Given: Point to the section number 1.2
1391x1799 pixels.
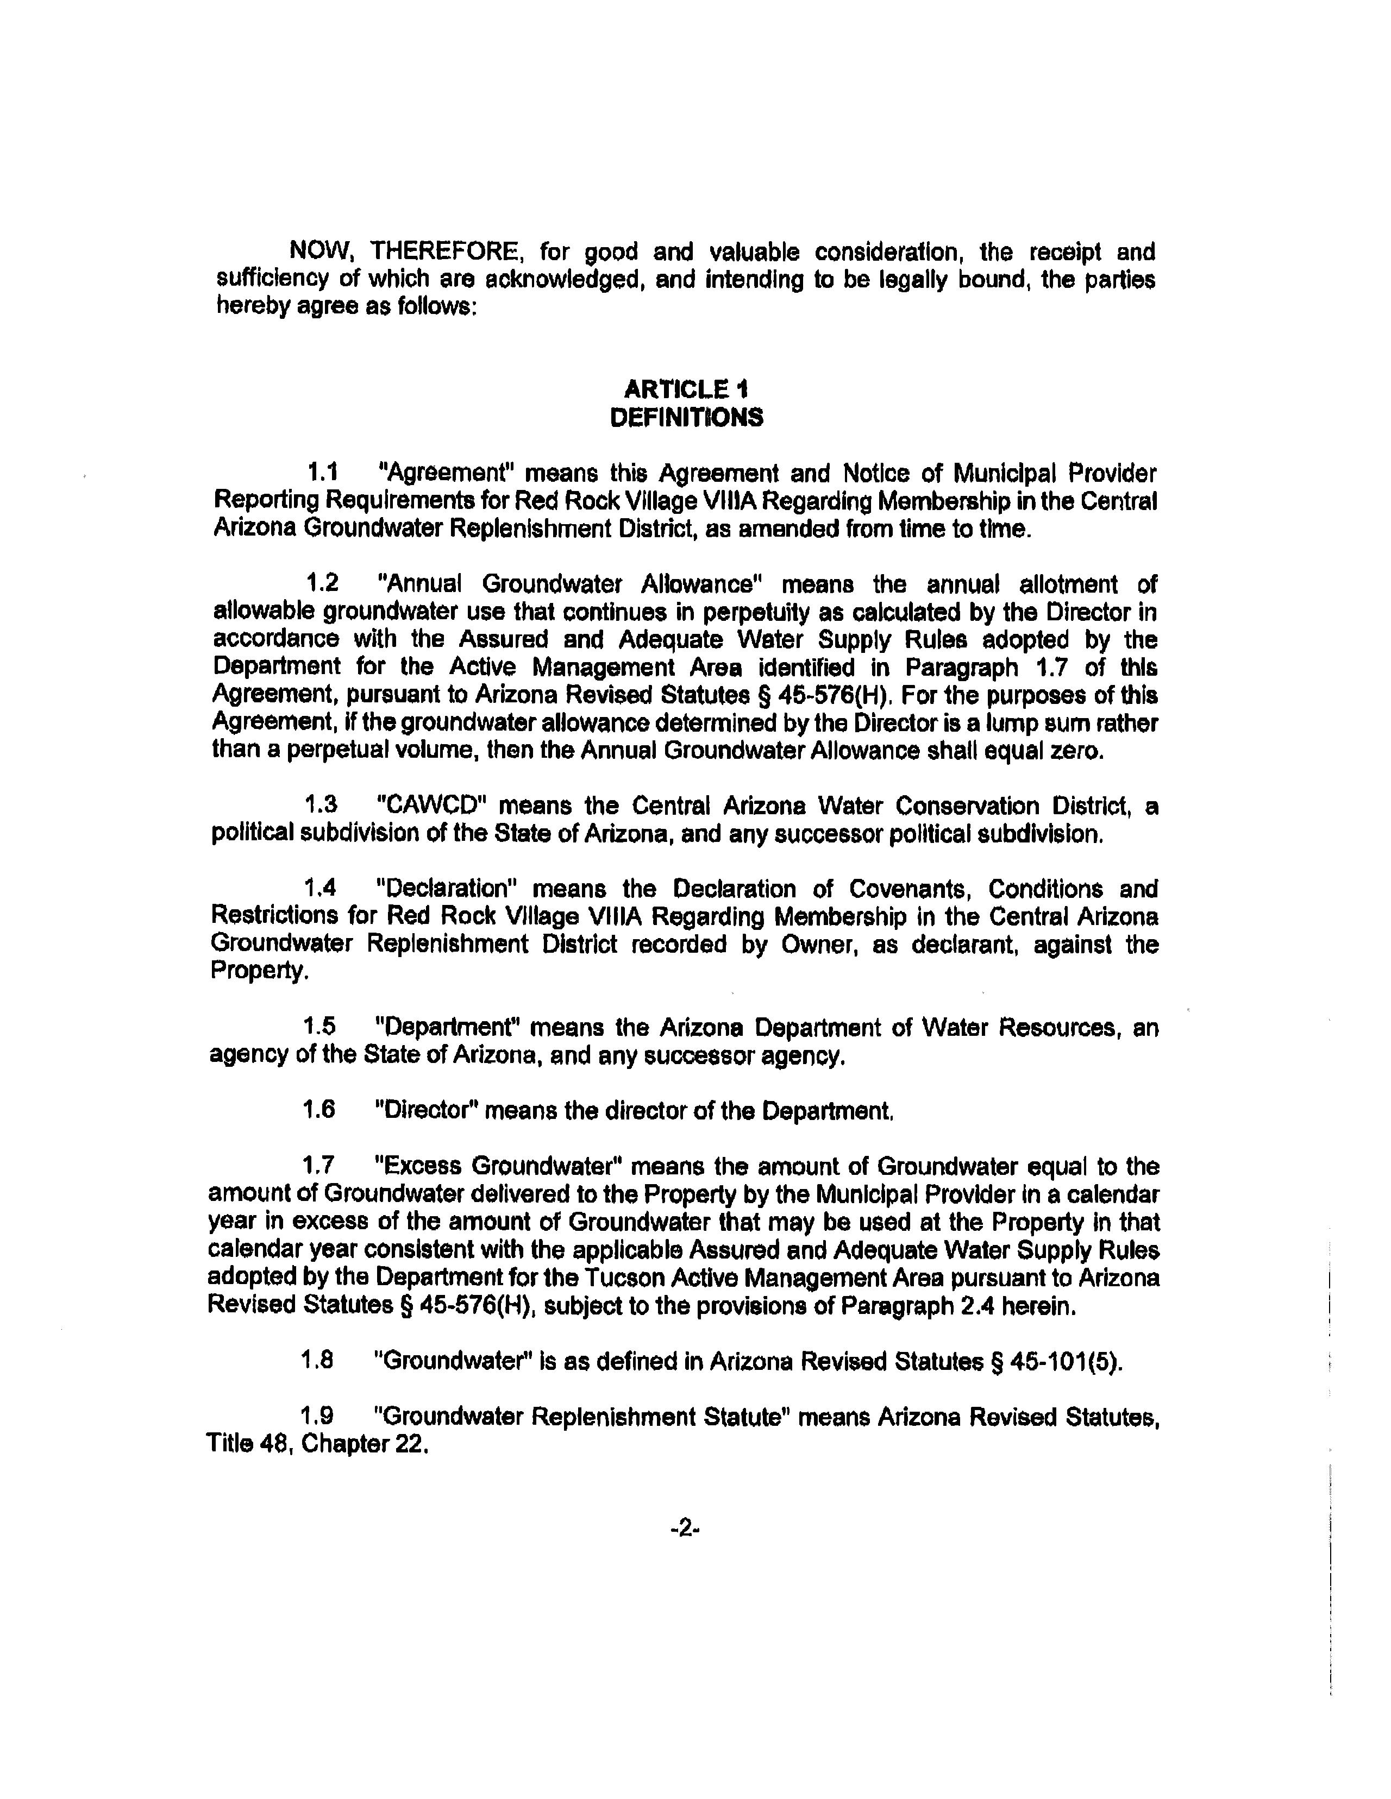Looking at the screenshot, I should [322, 584].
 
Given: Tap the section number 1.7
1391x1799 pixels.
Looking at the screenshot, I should [319, 1166].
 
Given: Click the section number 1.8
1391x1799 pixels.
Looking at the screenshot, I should [318, 1360].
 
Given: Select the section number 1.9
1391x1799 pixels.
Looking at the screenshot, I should [318, 1417].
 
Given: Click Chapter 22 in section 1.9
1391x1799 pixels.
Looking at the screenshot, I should [365, 1445].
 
